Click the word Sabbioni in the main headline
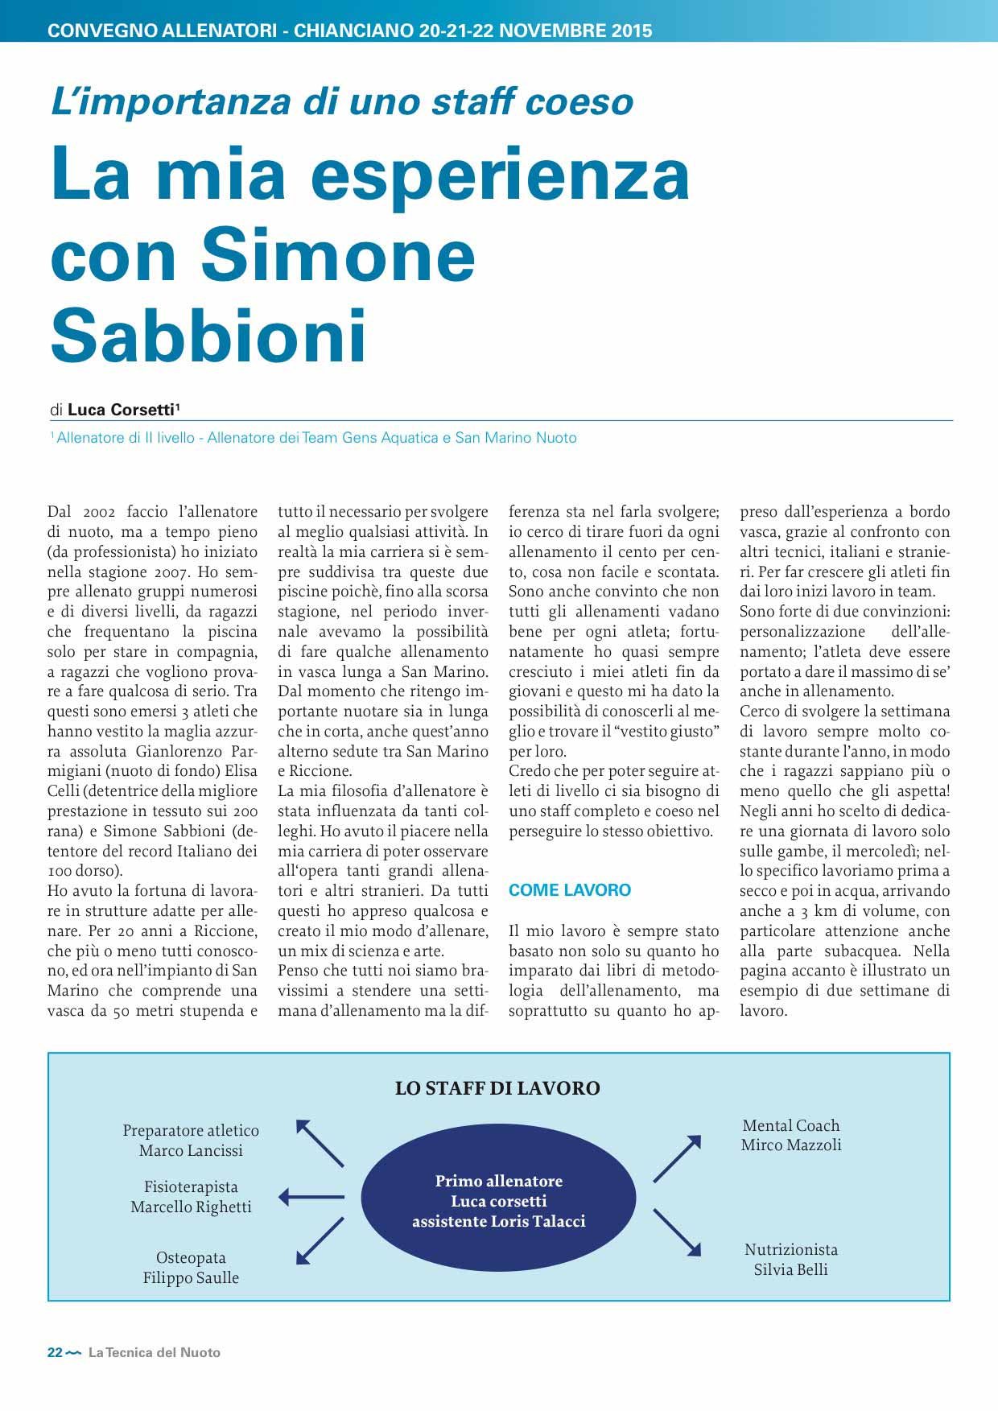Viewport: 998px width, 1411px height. pos(208,336)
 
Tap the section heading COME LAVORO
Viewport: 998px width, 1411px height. pos(570,890)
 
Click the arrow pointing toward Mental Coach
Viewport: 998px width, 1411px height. pos(677,1158)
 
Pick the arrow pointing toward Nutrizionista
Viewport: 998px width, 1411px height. pos(677,1232)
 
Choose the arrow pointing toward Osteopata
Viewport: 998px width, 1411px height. pos(320,1240)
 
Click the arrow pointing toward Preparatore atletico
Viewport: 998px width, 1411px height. pos(320,1143)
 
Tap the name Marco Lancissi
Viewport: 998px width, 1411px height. pos(191,1151)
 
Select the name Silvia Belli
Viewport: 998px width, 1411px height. pos(790,1270)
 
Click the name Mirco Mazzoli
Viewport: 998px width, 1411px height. pos(791,1145)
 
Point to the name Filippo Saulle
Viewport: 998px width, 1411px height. pos(191,1278)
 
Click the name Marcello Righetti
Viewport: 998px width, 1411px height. pos(191,1207)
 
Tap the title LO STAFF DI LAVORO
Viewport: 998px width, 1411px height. pos(497,1088)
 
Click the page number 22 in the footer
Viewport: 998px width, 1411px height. pos(55,1353)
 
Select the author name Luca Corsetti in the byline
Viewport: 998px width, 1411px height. pos(122,410)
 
